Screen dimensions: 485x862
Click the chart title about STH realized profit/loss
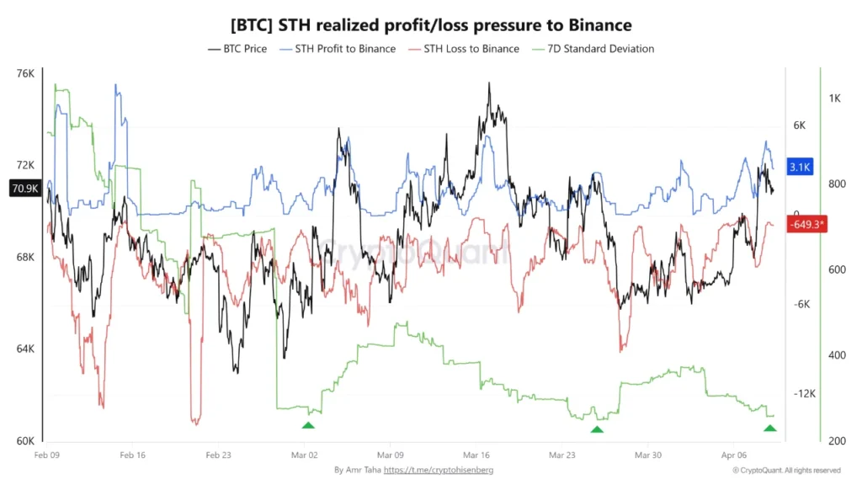[x=431, y=26]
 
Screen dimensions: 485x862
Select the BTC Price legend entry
[x=237, y=49]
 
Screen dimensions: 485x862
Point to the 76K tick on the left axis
[x=25, y=73]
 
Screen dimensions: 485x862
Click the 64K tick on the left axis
[x=25, y=349]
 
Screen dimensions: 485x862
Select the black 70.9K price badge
[x=24, y=189]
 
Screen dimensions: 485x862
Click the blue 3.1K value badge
[x=799, y=168]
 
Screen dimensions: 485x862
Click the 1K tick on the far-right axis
[x=835, y=99]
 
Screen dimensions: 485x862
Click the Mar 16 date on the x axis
[x=476, y=454]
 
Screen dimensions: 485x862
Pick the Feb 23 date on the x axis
[x=218, y=454]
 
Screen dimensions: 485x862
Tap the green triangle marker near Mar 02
[x=308, y=425]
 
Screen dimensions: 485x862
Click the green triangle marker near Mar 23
[x=597, y=429]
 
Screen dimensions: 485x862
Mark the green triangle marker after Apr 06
[x=769, y=428]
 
